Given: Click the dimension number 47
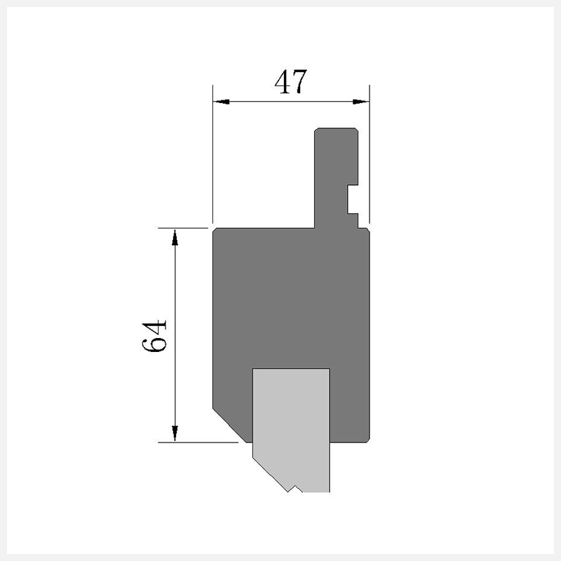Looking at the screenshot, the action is point(290,82).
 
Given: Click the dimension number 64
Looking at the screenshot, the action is point(154,336).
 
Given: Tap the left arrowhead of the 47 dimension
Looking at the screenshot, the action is point(222,102).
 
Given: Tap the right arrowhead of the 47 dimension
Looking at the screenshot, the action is point(360,102).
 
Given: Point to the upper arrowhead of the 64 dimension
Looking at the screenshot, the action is point(175,238).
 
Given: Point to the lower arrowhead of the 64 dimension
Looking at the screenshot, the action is point(175,433).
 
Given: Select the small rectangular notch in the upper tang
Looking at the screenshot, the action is point(353,199).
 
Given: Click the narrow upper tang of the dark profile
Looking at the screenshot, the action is point(337,178).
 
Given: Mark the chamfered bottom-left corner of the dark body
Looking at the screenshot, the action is point(229,425).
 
